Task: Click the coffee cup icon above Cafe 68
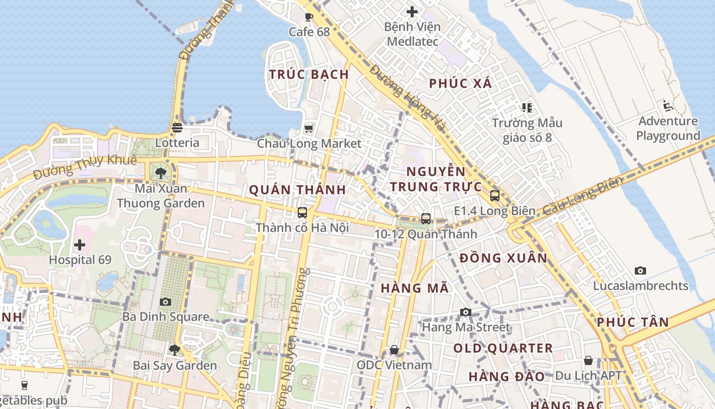coord(309,17)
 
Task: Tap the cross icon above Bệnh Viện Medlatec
coord(412,12)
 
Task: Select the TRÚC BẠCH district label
coord(309,74)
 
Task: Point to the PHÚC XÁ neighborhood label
coord(461,83)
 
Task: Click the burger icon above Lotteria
coord(177,127)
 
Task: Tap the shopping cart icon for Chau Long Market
coord(309,128)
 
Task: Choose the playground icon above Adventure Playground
coord(668,106)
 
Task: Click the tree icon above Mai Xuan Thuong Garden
coord(161,173)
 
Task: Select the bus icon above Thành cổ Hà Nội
coord(302,212)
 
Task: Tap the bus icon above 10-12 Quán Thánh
coord(426,219)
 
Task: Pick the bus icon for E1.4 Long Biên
coord(494,195)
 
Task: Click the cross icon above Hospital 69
coord(80,244)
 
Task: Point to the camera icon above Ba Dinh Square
coord(165,302)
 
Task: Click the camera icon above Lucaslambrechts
coord(640,270)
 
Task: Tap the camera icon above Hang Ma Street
coord(466,312)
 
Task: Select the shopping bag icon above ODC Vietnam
coord(394,350)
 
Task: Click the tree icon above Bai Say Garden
coord(175,350)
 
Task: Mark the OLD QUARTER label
coord(503,348)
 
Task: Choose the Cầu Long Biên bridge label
coord(583,196)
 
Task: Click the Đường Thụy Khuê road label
coord(85,167)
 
